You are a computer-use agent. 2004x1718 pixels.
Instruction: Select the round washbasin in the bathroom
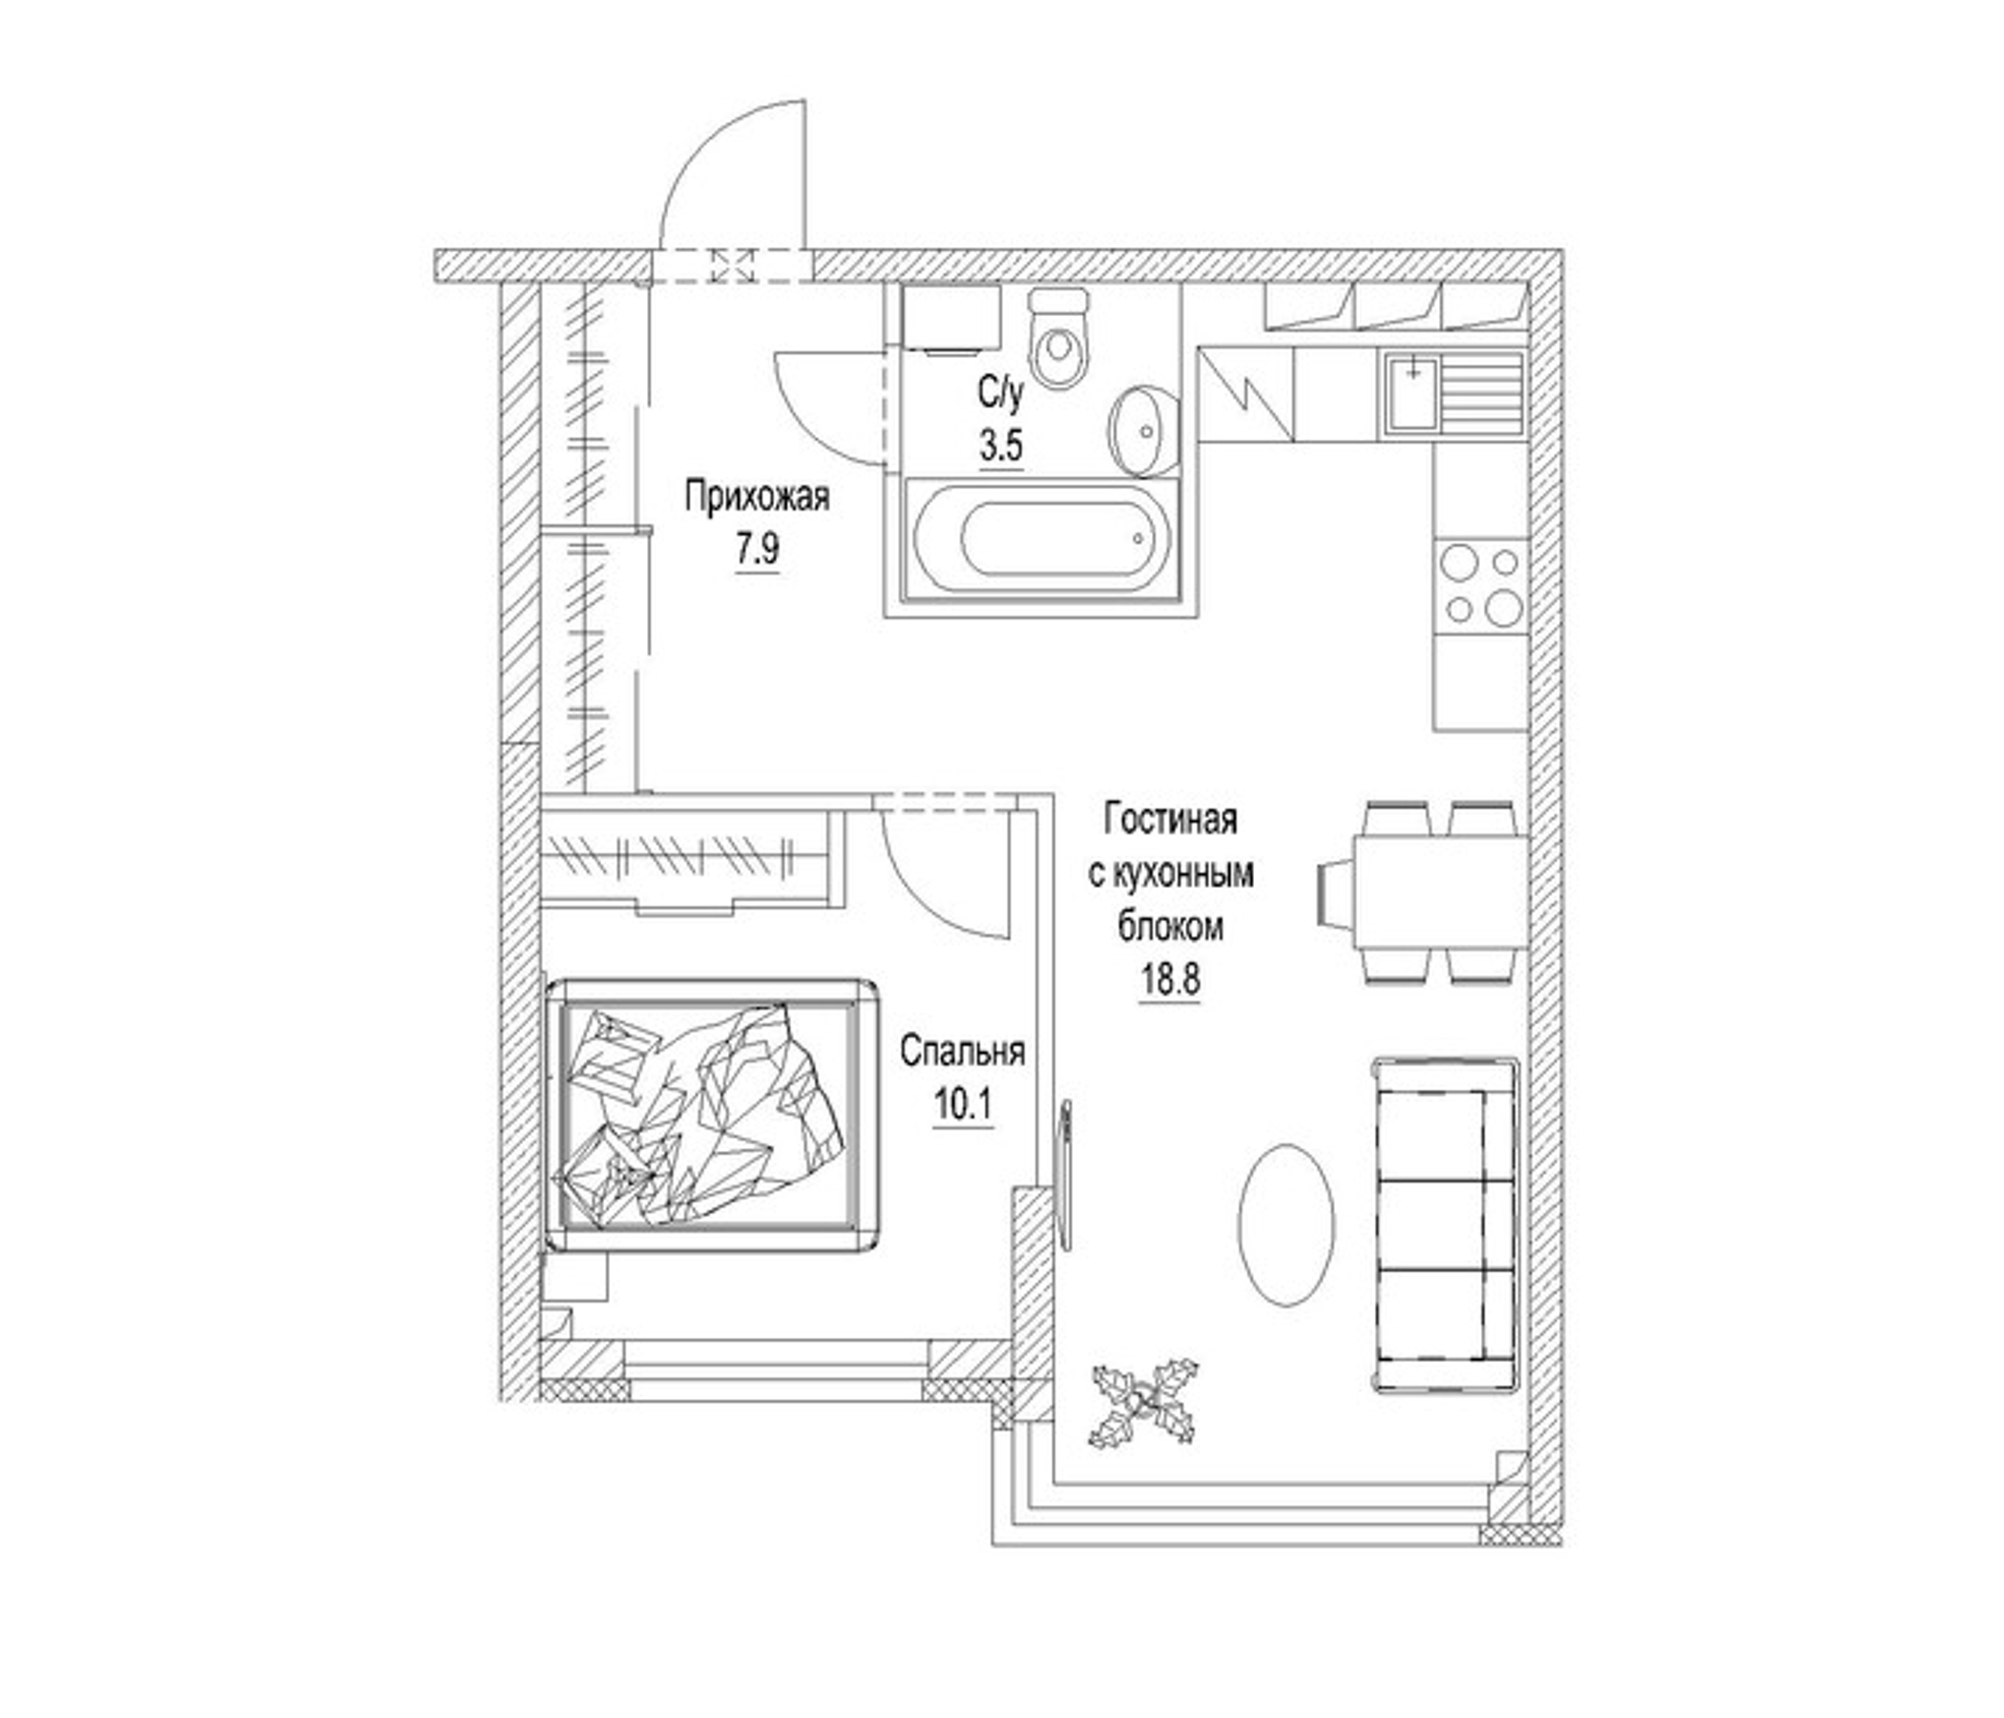tap(1144, 430)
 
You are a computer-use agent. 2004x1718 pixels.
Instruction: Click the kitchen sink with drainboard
tap(1453, 391)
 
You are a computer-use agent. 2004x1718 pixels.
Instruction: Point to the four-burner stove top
tap(1480, 585)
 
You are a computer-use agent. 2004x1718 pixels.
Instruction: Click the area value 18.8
tap(1170, 980)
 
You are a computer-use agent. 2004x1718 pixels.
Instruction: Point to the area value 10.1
tap(962, 1103)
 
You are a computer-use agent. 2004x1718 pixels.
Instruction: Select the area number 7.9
tap(758, 550)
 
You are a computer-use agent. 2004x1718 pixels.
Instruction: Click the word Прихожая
tap(758, 497)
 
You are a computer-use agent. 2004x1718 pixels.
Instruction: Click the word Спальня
tap(962, 1052)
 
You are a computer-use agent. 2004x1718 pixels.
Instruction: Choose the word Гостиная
tap(1171, 819)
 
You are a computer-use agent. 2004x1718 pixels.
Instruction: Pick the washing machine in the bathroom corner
tap(950, 317)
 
